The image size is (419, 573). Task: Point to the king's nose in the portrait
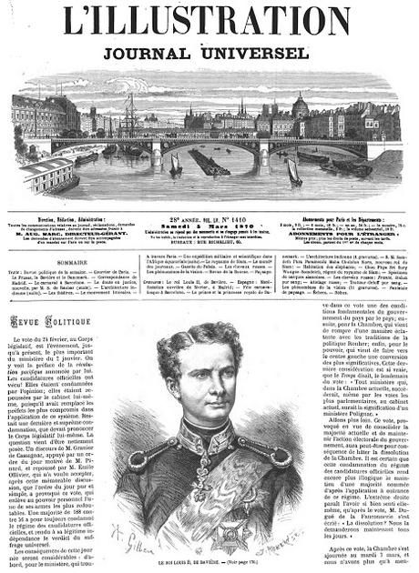pos(199,386)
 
